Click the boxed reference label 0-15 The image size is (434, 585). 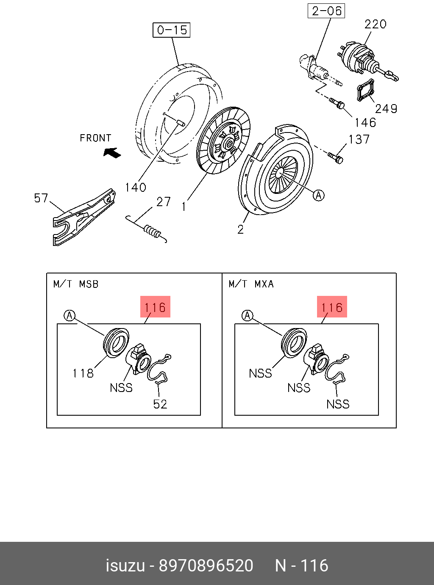click(x=172, y=30)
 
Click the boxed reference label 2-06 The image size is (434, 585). click(x=326, y=11)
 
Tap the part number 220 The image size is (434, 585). click(x=375, y=24)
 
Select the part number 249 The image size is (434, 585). click(x=386, y=109)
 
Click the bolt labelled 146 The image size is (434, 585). click(x=337, y=103)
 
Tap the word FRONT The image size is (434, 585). click(x=95, y=138)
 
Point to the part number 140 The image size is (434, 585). click(x=135, y=187)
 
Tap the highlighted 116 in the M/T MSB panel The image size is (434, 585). click(x=155, y=307)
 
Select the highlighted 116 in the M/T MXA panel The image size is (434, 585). click(x=332, y=307)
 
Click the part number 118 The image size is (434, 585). click(x=83, y=373)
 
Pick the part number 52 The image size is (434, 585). click(x=160, y=404)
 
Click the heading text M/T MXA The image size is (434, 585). click(x=251, y=284)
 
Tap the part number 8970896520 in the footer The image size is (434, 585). click(x=206, y=566)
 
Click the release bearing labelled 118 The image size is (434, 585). click(x=116, y=342)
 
